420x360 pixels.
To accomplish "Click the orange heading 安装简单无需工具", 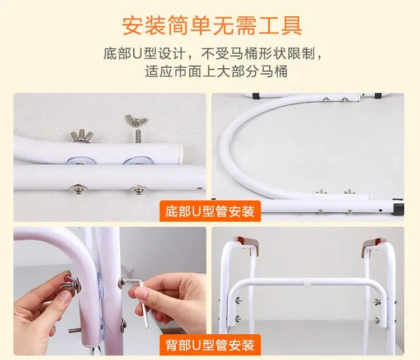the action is (x=212, y=25).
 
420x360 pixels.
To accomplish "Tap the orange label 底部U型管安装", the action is (x=210, y=211).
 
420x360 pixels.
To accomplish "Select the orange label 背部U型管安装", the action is (x=210, y=345).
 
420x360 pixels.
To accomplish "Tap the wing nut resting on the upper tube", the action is (x=80, y=135).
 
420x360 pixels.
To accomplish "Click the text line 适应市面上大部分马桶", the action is (x=216, y=71).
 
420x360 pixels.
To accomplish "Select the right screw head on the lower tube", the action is (x=138, y=189).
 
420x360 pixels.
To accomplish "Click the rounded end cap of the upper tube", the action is (x=180, y=153).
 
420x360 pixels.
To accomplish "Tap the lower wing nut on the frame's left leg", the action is (x=237, y=319).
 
